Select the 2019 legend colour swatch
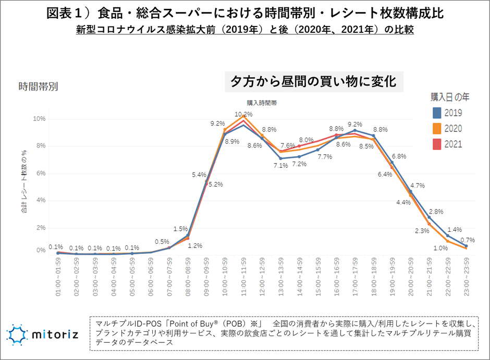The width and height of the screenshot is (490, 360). point(437,113)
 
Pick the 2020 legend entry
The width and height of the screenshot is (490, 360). point(453,129)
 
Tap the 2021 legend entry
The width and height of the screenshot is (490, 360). point(453,144)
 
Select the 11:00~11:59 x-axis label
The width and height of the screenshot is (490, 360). point(243,277)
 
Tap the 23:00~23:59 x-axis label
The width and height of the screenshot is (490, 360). point(465,277)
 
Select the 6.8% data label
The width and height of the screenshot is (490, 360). point(399,156)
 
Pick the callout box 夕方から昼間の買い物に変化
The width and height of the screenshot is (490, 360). point(314,81)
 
